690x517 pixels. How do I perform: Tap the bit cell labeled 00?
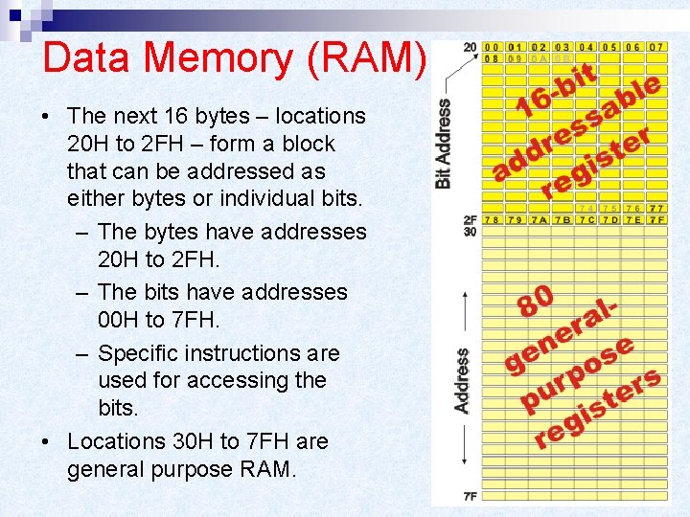tap(491, 46)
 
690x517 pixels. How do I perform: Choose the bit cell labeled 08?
tap(491, 57)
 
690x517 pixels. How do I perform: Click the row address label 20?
tap(469, 47)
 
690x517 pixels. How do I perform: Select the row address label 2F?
tap(470, 220)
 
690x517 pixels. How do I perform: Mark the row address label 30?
tap(470, 232)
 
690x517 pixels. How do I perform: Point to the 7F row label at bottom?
tap(470, 496)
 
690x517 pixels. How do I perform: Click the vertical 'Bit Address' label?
tap(444, 144)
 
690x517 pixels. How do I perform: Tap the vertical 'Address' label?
tap(463, 380)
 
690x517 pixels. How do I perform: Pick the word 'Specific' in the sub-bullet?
tap(137, 353)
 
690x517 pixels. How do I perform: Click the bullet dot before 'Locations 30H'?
tap(46, 442)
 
